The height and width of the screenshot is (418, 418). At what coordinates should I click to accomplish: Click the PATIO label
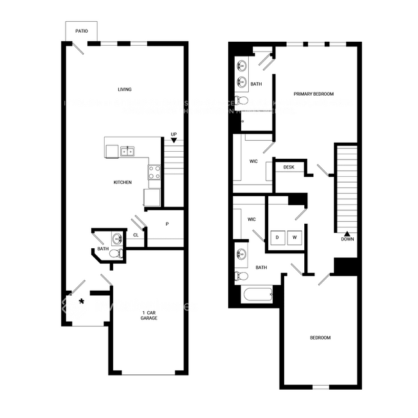[x=81, y=30]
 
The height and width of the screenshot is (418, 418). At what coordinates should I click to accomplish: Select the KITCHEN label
[x=123, y=182]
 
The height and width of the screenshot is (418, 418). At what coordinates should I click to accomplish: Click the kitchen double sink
[x=128, y=152]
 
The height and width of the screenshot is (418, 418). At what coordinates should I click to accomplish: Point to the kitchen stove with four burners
[x=154, y=172]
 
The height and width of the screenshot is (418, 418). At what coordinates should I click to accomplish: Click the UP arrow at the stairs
[x=174, y=140]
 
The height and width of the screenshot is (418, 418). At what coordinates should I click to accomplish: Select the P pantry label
[x=167, y=224]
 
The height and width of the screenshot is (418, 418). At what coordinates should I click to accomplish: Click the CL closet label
[x=136, y=235]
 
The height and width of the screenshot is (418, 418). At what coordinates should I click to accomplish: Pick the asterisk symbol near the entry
[x=81, y=301]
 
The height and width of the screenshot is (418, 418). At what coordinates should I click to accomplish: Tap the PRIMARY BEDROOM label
[x=313, y=94]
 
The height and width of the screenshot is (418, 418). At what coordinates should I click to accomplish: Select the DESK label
[x=289, y=167]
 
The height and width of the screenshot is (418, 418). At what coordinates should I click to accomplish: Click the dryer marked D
[x=277, y=237]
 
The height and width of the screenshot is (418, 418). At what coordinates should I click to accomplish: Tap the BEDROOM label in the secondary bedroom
[x=320, y=338]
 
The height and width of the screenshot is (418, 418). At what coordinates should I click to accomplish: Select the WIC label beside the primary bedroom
[x=253, y=161]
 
